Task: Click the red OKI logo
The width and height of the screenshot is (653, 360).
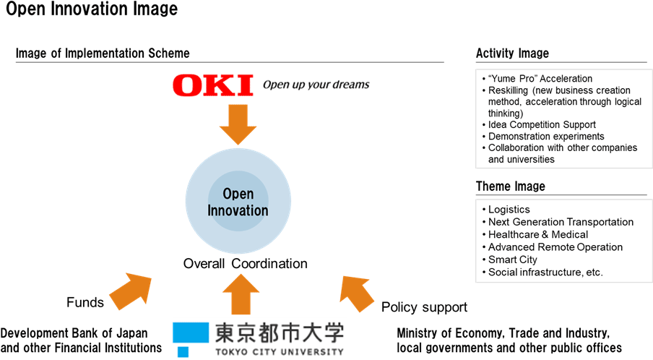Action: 213,85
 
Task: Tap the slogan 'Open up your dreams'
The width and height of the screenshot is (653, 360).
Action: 316,85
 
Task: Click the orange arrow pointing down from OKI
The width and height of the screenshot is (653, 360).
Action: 238,124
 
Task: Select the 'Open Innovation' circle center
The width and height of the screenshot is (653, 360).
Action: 238,202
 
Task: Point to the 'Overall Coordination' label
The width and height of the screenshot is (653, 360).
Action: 246,263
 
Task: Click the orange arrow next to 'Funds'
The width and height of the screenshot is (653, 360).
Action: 131,291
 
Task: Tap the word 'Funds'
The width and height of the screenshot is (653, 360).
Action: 85,302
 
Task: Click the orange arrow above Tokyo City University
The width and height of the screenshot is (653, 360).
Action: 241,294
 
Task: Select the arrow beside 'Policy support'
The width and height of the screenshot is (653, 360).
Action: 356,293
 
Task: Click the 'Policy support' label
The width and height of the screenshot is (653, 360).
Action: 424,307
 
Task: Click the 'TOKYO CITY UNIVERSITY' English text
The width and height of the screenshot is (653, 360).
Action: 280,352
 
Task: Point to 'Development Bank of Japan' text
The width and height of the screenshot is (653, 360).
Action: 74,333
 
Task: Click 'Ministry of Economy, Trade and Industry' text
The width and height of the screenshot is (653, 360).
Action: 503,333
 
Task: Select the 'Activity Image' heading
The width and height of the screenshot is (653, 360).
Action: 512,53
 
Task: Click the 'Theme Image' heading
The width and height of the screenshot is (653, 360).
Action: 511,187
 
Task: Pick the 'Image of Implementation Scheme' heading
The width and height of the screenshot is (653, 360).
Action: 103,53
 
